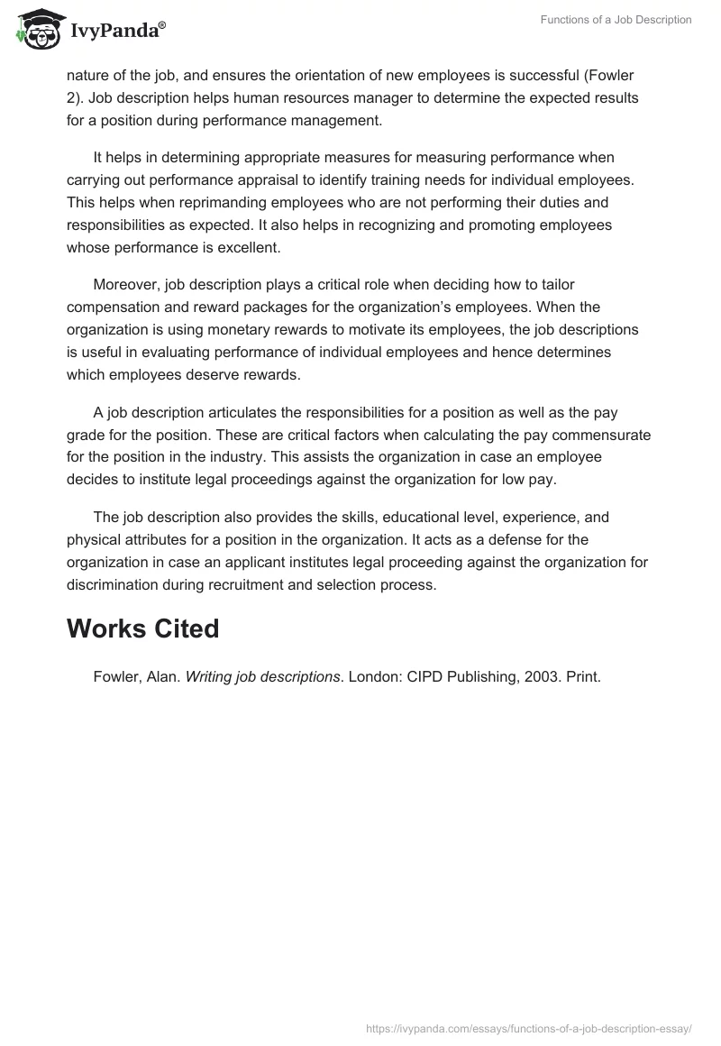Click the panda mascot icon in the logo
click(x=35, y=31)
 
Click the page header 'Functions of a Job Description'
click(x=616, y=20)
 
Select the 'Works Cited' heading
click(x=142, y=629)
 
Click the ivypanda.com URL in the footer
click(x=528, y=1028)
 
